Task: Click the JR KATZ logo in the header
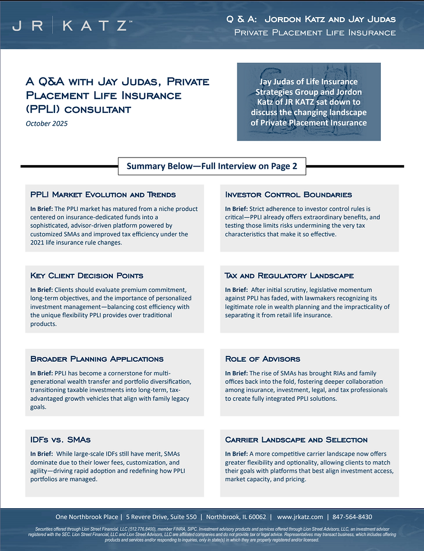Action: (x=71, y=27)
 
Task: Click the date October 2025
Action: (x=47, y=124)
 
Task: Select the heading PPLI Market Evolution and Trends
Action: (x=103, y=195)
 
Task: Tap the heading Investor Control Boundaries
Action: (x=288, y=195)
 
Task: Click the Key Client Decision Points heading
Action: (x=86, y=275)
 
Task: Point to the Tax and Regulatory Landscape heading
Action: (x=289, y=275)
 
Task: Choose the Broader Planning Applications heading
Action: (x=97, y=359)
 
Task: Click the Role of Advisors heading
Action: (x=263, y=359)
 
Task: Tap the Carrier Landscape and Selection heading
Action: (x=296, y=439)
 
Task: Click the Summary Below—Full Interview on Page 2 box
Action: (x=212, y=167)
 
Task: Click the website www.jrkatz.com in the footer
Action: (x=300, y=517)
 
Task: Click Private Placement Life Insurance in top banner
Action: (x=315, y=33)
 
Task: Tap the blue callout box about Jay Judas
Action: (x=309, y=103)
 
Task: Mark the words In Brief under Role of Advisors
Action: (x=236, y=374)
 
